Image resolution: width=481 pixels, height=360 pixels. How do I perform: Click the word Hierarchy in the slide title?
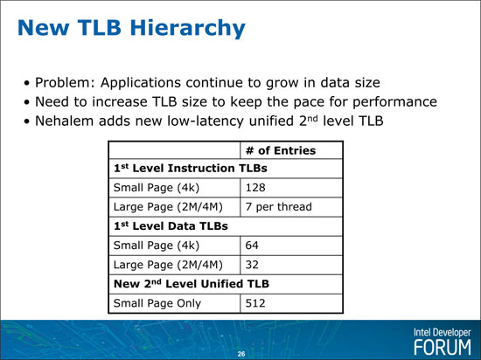click(187, 28)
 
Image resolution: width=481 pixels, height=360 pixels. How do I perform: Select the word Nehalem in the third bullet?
click(65, 121)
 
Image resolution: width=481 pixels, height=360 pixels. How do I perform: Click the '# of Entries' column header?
click(281, 150)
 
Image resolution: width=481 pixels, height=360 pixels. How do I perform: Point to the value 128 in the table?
click(255, 188)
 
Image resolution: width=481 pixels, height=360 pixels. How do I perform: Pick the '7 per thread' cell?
click(278, 207)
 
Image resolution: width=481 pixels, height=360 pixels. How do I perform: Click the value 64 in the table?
click(252, 246)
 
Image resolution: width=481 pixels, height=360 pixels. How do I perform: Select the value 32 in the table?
click(252, 265)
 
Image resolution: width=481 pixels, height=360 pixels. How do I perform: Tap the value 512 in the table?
click(255, 303)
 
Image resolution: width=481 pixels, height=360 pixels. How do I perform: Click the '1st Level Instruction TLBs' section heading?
click(191, 169)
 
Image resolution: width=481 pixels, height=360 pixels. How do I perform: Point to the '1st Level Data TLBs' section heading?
click(171, 226)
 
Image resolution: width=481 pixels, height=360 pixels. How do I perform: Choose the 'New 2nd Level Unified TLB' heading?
click(192, 284)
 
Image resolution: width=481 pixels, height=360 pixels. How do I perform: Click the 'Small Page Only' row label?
click(157, 303)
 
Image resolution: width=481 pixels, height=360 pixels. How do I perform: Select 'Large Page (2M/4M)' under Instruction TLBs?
click(168, 207)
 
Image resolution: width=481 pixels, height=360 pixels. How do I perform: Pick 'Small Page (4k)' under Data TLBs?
click(157, 246)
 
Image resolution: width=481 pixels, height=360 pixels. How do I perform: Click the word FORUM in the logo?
click(443, 348)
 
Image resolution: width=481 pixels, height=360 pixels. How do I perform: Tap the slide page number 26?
click(241, 354)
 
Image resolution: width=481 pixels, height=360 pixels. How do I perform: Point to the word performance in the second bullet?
click(394, 102)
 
